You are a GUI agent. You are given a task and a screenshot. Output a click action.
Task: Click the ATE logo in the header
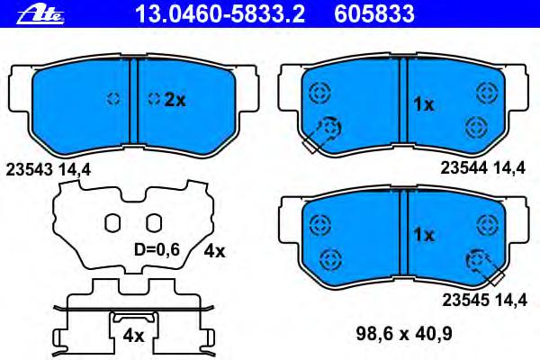tap(40, 14)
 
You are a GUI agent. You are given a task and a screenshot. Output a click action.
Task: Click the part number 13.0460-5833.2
tap(220, 13)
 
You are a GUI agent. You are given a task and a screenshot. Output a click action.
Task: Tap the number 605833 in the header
tap(374, 13)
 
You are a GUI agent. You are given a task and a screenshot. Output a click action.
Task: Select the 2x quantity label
tap(175, 100)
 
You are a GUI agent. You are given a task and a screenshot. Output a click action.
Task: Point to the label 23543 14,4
tap(49, 170)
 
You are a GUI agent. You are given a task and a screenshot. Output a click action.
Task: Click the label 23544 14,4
tap(483, 168)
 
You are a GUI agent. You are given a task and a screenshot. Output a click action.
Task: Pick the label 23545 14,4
tap(484, 300)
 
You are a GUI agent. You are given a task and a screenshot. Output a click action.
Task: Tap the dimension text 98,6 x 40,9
tap(404, 334)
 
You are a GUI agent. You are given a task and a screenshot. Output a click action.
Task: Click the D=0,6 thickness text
tap(157, 250)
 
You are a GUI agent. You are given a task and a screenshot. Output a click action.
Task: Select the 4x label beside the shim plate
tap(214, 252)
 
